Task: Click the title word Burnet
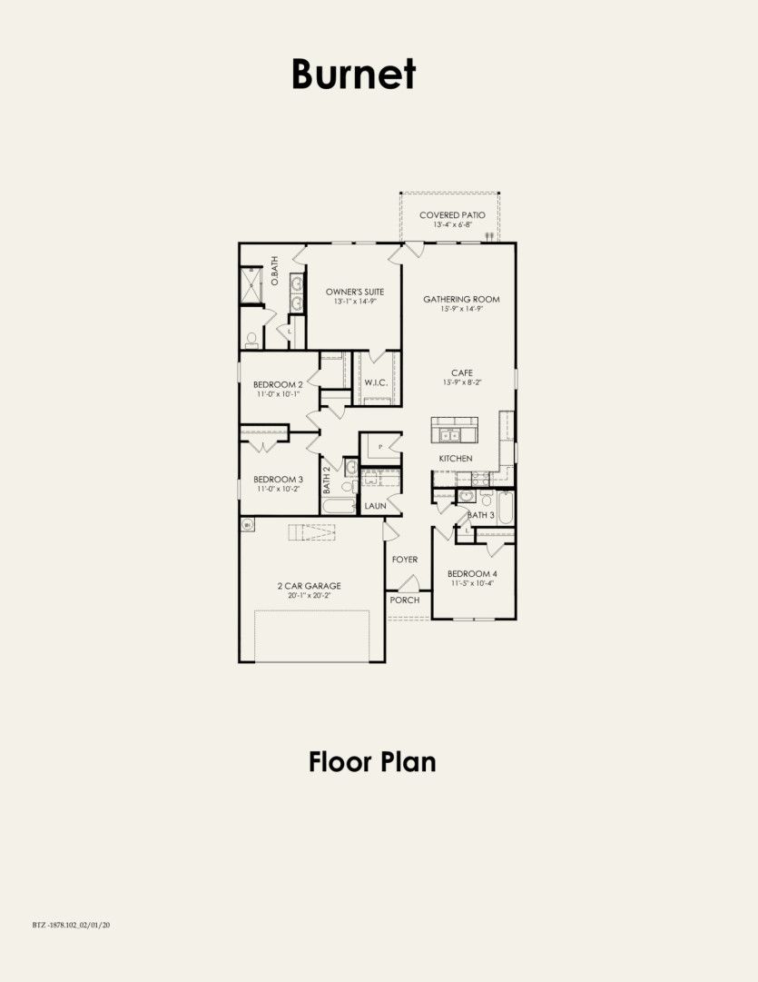pyautogui.click(x=353, y=74)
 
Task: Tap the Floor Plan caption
pyautogui.click(x=372, y=761)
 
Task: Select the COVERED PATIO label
pyautogui.click(x=451, y=215)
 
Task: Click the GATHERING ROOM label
pyautogui.click(x=461, y=299)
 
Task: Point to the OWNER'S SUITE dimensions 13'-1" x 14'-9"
pyautogui.click(x=355, y=302)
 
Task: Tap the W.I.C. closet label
pyautogui.click(x=377, y=382)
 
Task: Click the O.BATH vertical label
pyautogui.click(x=274, y=273)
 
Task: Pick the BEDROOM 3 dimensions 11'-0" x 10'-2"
pyautogui.click(x=278, y=489)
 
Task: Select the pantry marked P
pyautogui.click(x=380, y=447)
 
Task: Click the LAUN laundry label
pyautogui.click(x=376, y=506)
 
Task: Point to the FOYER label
pyautogui.click(x=405, y=560)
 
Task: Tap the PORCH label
pyautogui.click(x=404, y=600)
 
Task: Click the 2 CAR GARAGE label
pyautogui.click(x=310, y=586)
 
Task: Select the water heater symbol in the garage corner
pyautogui.click(x=247, y=525)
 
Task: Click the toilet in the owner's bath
pyautogui.click(x=251, y=340)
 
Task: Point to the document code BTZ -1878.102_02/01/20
pyautogui.click(x=70, y=925)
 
